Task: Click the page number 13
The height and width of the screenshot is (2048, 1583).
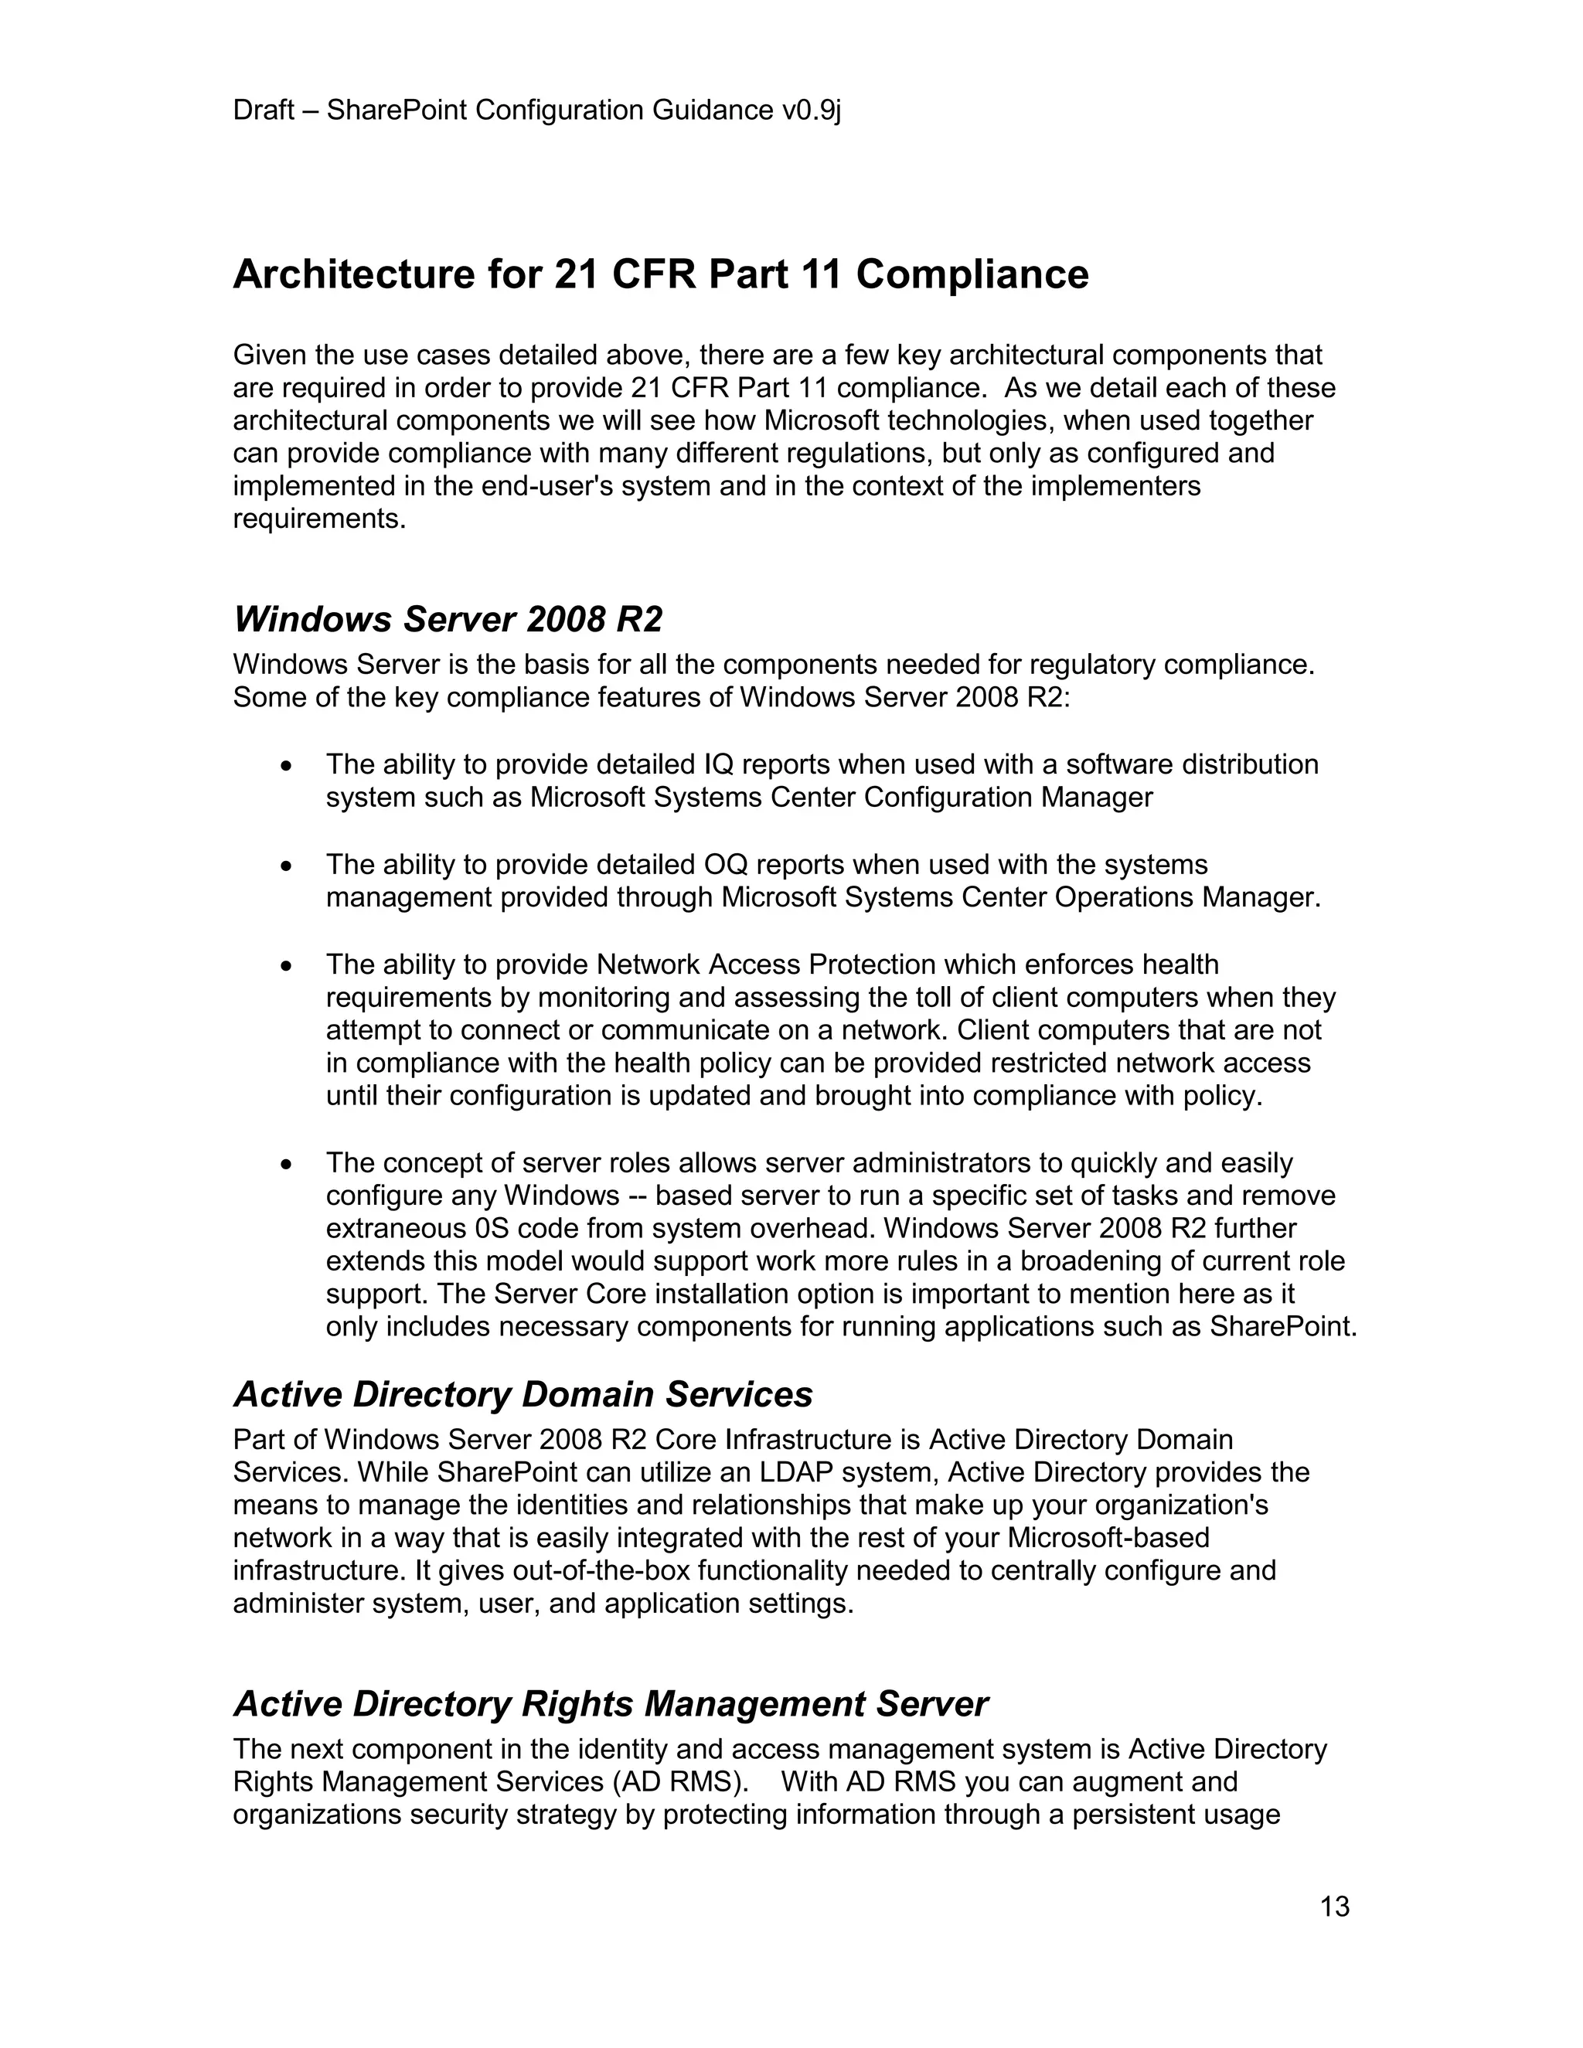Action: (x=1334, y=1907)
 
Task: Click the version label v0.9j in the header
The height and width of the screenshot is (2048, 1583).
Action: (x=811, y=111)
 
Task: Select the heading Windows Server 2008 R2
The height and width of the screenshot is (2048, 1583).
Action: (x=448, y=620)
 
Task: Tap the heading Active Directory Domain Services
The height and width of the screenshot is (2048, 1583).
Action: (x=523, y=1394)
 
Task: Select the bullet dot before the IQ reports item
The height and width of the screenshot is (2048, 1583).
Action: (x=288, y=765)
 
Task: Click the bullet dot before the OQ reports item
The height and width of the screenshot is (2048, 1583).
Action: (x=288, y=866)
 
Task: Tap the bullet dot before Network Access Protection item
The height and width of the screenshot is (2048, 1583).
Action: (x=288, y=965)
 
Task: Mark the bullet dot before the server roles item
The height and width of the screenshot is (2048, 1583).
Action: (x=288, y=1164)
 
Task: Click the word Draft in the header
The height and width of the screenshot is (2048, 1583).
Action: (x=264, y=111)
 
